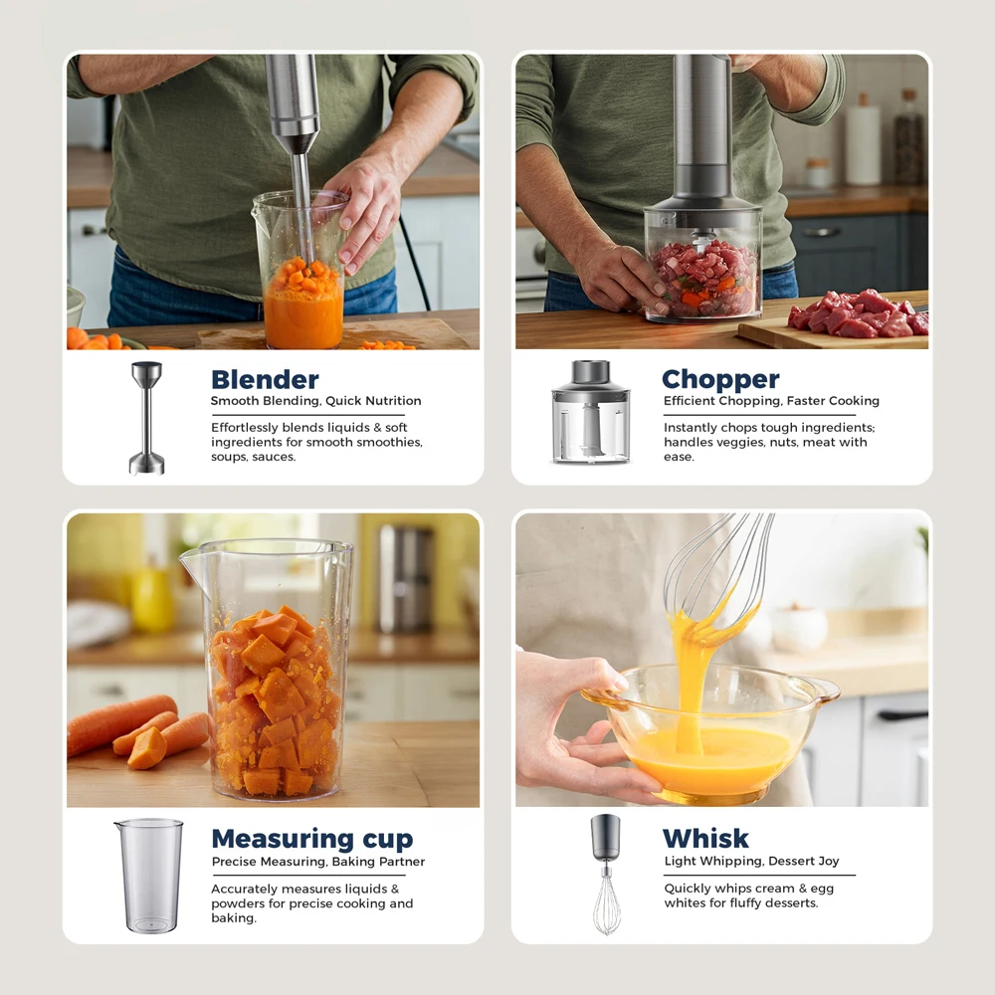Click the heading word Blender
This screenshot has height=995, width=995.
point(265,379)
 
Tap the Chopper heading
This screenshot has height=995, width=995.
point(720,379)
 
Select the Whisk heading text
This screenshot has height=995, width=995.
point(705,838)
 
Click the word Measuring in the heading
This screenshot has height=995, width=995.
point(283,839)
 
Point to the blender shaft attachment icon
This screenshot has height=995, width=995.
point(146,418)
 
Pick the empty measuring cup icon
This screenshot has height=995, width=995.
point(149,876)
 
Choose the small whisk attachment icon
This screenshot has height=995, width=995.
point(606,875)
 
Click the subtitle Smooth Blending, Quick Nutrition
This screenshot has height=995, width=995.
point(316,401)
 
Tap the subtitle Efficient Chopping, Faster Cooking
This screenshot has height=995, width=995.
point(772,401)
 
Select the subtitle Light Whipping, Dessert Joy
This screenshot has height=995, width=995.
point(751,861)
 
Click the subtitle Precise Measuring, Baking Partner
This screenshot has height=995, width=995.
point(318,862)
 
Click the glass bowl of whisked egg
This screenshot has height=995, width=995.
point(710,729)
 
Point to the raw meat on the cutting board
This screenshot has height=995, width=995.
point(859,313)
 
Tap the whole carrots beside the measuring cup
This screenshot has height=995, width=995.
point(136,729)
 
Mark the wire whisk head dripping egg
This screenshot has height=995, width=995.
point(720,574)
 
